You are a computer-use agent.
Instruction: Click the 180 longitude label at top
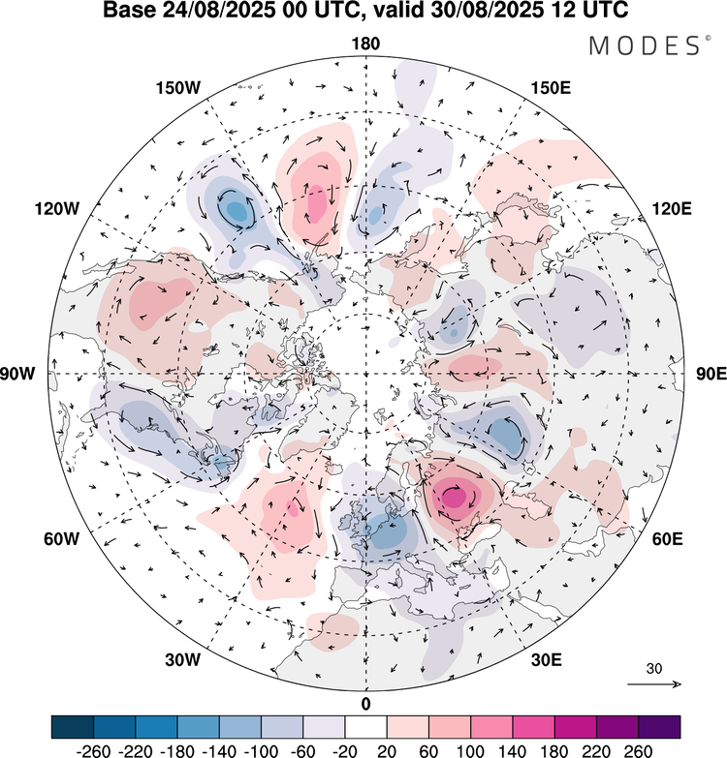[x=365, y=45]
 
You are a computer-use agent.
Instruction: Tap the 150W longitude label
[x=177, y=88]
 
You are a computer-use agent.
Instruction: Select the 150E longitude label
[x=552, y=88]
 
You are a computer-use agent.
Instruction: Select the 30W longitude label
[x=181, y=660]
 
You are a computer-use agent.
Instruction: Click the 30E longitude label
[x=548, y=660]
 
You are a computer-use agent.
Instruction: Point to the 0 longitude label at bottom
[x=365, y=703]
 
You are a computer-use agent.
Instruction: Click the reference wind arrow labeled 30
[x=654, y=683]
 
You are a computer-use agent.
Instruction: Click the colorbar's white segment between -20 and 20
[x=365, y=727]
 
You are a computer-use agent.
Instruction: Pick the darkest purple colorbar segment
[x=659, y=727]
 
